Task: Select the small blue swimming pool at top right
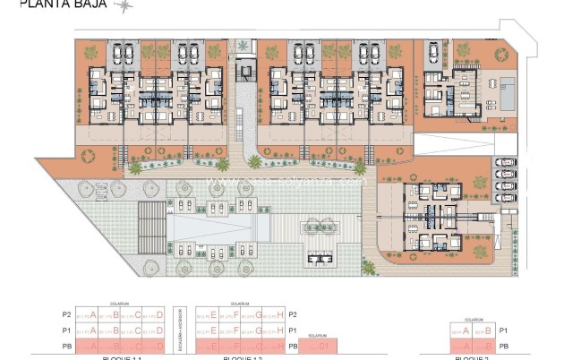click(x=508, y=94)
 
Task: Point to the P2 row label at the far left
click(x=65, y=314)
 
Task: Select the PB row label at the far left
click(x=65, y=346)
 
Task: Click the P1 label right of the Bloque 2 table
click(x=503, y=330)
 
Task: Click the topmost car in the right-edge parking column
click(x=505, y=163)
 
